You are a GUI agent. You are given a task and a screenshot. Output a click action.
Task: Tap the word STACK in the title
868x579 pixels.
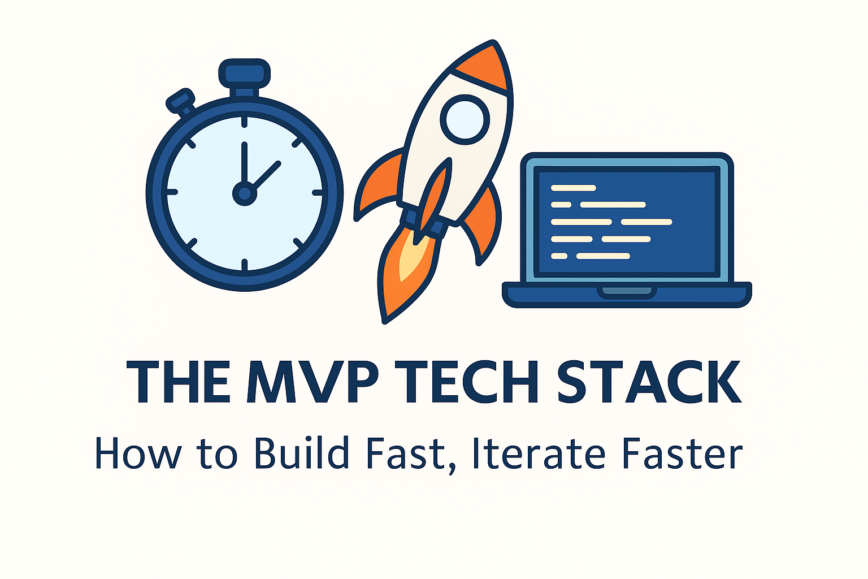pyautogui.click(x=649, y=382)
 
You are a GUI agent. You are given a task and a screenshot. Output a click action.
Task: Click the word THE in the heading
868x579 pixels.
pyautogui.click(x=178, y=382)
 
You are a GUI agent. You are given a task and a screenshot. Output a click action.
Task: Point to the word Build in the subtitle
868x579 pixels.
pyautogui.click(x=301, y=453)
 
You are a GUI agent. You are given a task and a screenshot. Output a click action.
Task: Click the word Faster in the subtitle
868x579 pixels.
pyautogui.click(x=682, y=453)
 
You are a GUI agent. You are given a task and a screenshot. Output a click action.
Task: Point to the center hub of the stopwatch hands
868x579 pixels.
pyautogui.click(x=245, y=194)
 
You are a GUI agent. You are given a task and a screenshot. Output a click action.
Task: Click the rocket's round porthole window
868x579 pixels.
pyautogui.click(x=465, y=119)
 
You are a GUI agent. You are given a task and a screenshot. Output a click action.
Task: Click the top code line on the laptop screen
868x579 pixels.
pyautogui.click(x=573, y=188)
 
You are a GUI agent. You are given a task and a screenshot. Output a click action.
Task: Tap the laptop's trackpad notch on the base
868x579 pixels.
pyautogui.click(x=627, y=291)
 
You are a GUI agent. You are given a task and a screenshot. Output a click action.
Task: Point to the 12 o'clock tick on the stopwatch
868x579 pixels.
pyautogui.click(x=245, y=122)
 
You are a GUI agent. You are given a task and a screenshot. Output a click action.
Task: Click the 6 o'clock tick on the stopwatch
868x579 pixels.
pyautogui.click(x=245, y=265)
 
